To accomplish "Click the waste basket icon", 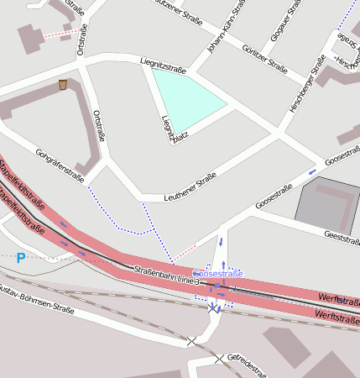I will [x=63, y=85].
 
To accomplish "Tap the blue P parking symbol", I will [x=21, y=258].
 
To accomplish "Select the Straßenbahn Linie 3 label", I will [x=167, y=275].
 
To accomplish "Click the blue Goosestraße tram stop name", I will [x=217, y=274].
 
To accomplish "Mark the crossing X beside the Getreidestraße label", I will [x=219, y=359].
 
